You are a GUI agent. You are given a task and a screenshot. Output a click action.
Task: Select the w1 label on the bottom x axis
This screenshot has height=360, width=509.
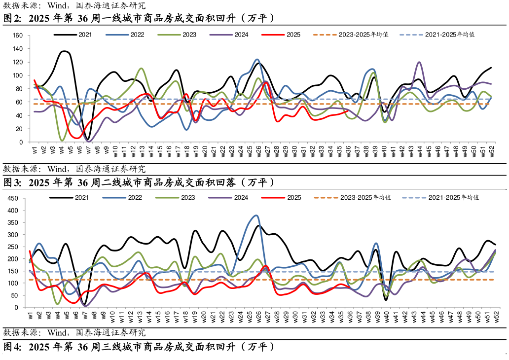[x=30, y=316]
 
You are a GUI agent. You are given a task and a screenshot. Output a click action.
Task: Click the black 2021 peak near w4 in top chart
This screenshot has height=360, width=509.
[x=65, y=51]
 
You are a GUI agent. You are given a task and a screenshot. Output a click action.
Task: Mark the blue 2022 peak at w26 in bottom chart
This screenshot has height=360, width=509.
[x=255, y=215]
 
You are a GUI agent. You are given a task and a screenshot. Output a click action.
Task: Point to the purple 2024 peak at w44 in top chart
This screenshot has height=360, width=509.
[x=419, y=62]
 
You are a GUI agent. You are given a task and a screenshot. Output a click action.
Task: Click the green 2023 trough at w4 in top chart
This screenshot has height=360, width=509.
[x=62, y=141]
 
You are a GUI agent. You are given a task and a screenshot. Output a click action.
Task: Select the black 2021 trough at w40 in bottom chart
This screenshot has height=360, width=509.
[x=386, y=300]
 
